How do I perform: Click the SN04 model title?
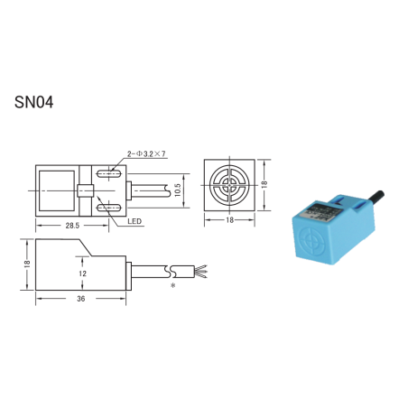[x=34, y=102]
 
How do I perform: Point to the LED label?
[x=134, y=220]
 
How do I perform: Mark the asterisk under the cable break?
[x=172, y=285]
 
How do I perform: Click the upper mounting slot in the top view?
[x=113, y=172]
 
